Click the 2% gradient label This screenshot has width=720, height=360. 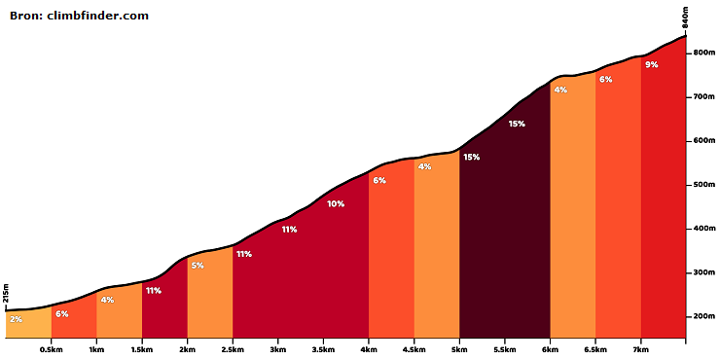pyautogui.click(x=16, y=319)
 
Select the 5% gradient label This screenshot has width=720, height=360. pyautogui.click(x=198, y=266)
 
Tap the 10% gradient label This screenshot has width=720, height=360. pyautogui.click(x=336, y=204)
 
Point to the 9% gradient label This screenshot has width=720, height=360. pyautogui.click(x=652, y=65)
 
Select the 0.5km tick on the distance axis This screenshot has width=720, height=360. pyautogui.click(x=51, y=349)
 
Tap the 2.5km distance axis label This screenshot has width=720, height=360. pyautogui.click(x=233, y=349)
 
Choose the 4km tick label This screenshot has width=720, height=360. pyautogui.click(x=369, y=349)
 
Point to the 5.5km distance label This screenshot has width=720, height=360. pyautogui.click(x=505, y=349)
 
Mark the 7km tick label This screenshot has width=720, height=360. pyautogui.click(x=641, y=349)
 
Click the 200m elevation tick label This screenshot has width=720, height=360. pyautogui.click(x=704, y=317)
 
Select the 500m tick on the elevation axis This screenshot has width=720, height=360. pyautogui.click(x=704, y=185)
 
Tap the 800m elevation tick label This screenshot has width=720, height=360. pyautogui.click(x=704, y=54)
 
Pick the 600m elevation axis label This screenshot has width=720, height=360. pyautogui.click(x=704, y=141)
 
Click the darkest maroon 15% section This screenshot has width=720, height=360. pyautogui.click(x=505, y=238)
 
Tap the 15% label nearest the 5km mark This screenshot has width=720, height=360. pyautogui.click(x=471, y=157)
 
